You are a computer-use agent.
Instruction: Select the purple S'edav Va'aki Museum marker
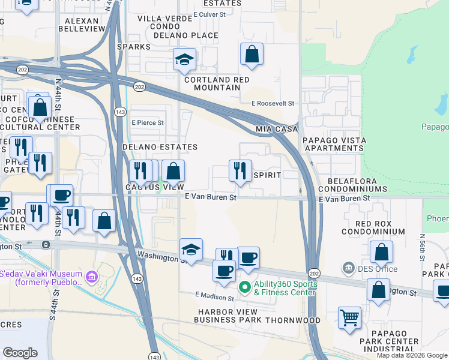click(91, 277)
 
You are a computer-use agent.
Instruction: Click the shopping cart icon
click(350, 317)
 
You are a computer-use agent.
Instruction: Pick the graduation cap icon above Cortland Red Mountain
click(185, 59)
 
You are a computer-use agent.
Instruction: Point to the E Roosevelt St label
click(273, 103)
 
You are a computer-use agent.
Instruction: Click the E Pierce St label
click(148, 122)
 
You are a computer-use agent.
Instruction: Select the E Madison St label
click(214, 297)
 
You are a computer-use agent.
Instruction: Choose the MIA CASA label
click(277, 130)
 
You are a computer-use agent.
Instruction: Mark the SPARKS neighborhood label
click(134, 46)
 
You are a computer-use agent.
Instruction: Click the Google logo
click(20, 353)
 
